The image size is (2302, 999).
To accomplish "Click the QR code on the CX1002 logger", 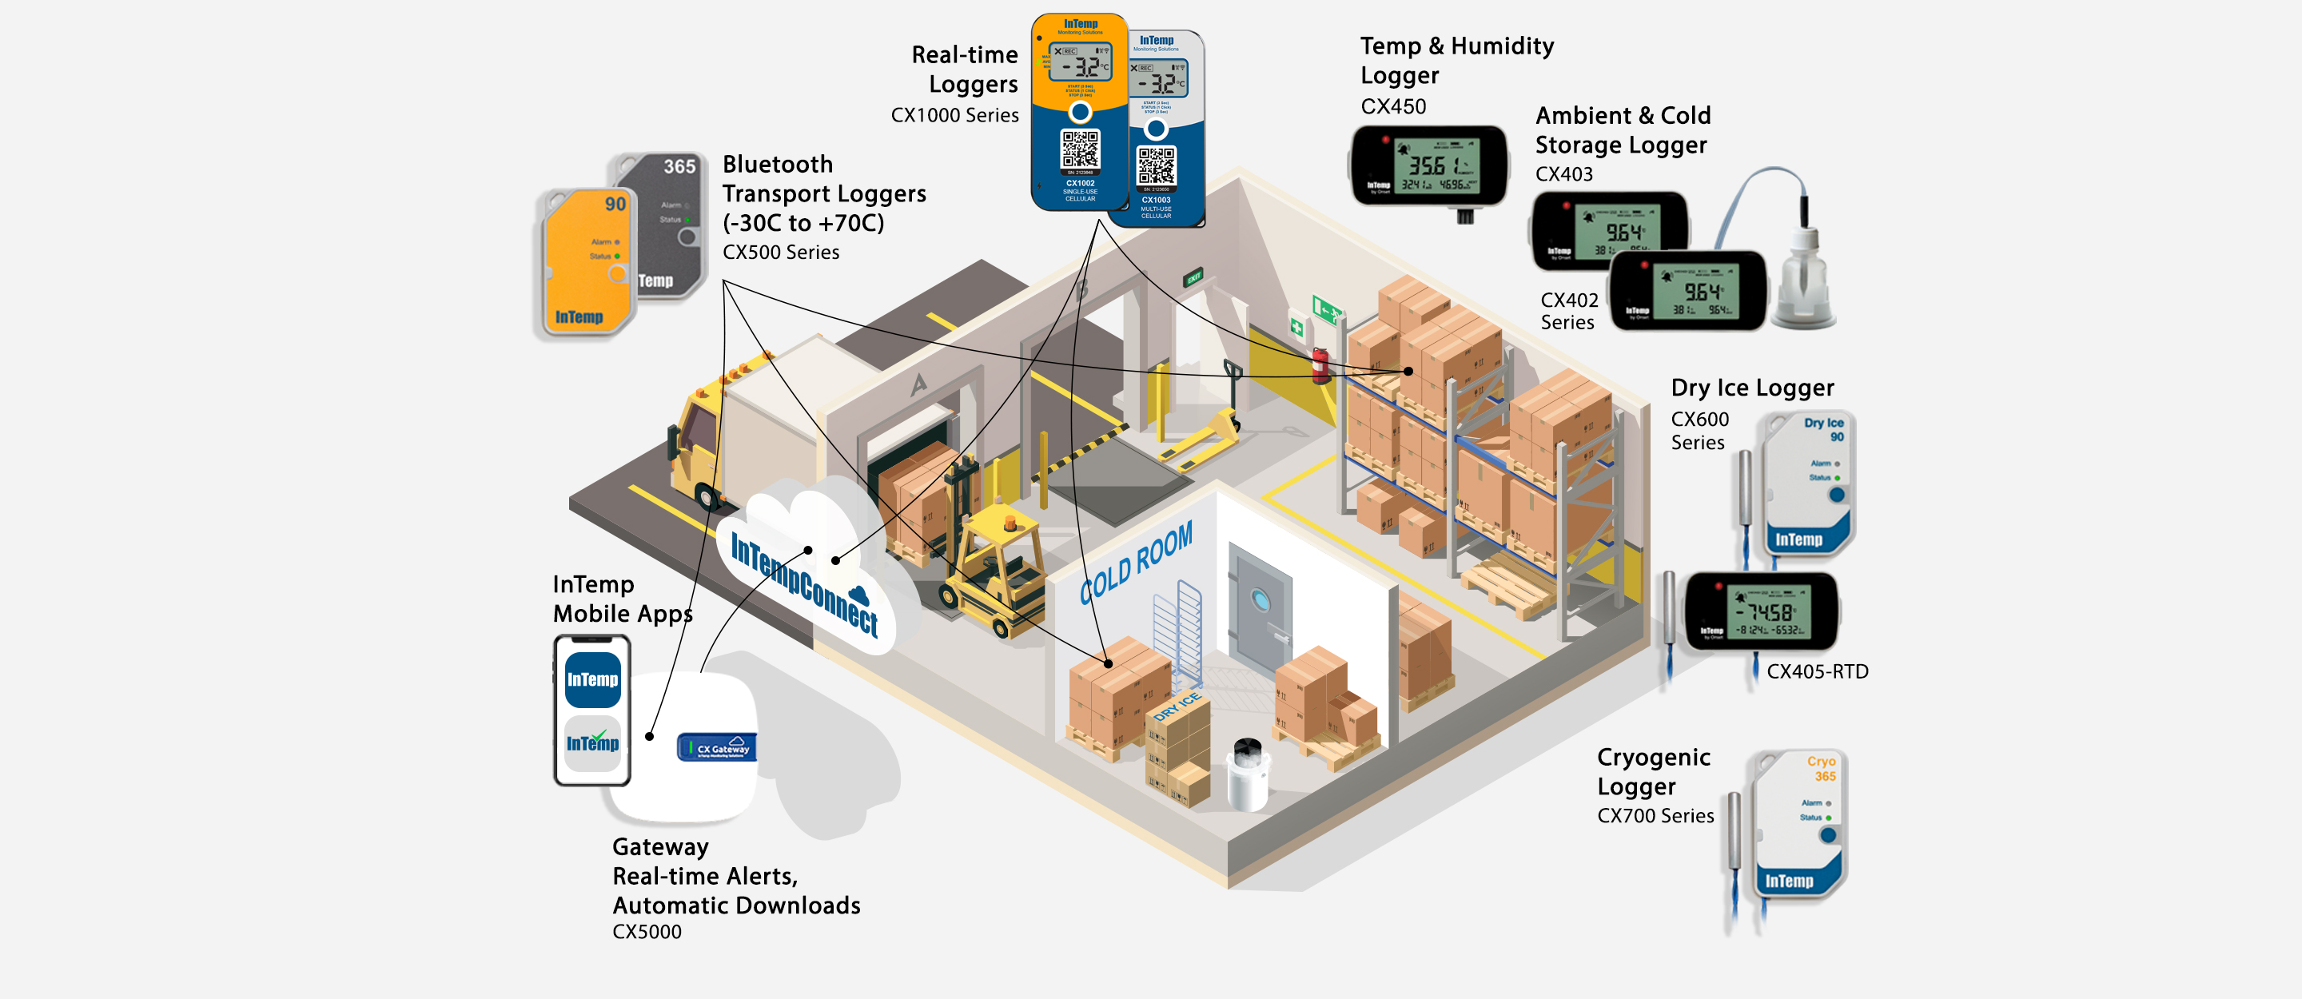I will point(1080,149).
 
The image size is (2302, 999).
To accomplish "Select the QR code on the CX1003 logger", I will point(1156,165).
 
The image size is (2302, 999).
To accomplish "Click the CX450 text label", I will point(1392,106).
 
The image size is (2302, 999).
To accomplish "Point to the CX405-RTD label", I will point(1817,671).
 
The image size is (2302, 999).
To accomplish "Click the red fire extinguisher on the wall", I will point(1320,366).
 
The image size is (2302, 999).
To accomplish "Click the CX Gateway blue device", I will point(717,747).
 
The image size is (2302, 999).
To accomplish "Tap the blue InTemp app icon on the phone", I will point(592,679).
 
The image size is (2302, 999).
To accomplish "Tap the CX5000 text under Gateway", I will point(646,932).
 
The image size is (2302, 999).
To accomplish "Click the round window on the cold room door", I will point(1260,599).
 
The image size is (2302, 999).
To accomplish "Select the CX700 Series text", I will point(1655,816).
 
